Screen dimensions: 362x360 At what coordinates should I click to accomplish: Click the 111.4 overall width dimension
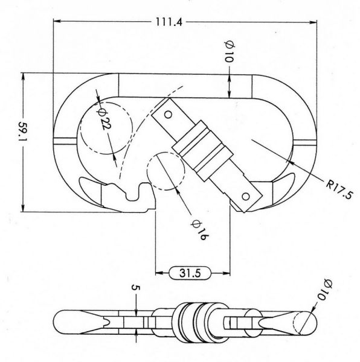point(170,22)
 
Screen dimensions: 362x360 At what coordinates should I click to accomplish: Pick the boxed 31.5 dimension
point(191,273)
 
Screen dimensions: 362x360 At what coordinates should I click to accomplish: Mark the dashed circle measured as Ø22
point(108,130)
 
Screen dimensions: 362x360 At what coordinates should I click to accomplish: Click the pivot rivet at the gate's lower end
point(246,196)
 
